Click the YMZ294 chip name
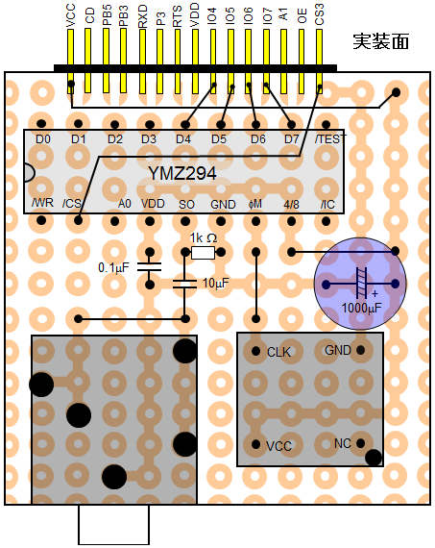tap(182, 173)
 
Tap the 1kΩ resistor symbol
tap(203, 252)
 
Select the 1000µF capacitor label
tap(361, 308)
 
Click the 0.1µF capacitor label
tap(114, 267)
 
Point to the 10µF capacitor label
tap(216, 283)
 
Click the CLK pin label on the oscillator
tap(278, 352)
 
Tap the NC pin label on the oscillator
tap(343, 443)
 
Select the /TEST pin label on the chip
tap(330, 138)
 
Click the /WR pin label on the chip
tap(42, 203)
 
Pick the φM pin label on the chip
tap(255, 204)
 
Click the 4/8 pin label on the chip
tap(291, 204)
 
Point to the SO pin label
tap(186, 204)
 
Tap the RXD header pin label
tap(143, 16)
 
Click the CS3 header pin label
tap(320, 14)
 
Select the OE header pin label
tap(302, 16)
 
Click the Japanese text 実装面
tap(380, 41)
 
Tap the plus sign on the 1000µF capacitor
tap(375, 293)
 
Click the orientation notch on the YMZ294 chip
tap(30, 173)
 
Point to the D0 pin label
tap(43, 139)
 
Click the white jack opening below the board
tap(114, 524)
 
